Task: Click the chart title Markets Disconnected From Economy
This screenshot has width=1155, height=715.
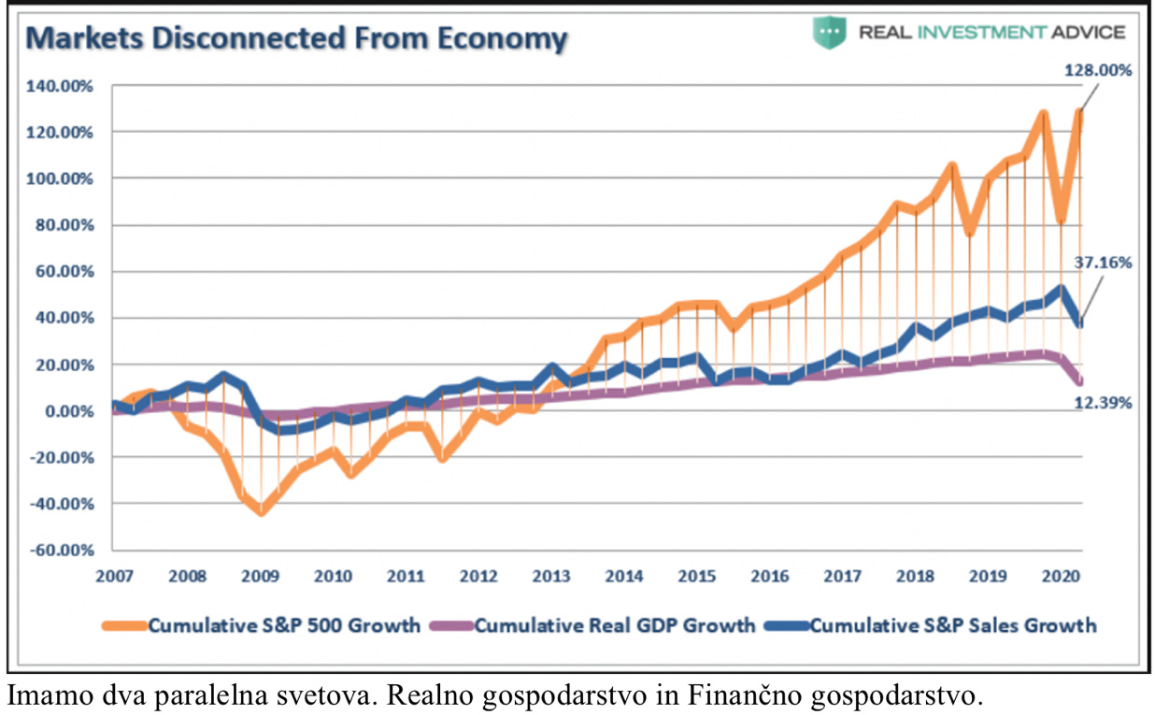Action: (x=296, y=38)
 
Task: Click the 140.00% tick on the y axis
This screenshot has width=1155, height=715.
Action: (x=61, y=86)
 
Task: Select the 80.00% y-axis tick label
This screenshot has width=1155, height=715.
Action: (x=64, y=225)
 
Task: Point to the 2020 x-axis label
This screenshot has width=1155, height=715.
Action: (x=1059, y=576)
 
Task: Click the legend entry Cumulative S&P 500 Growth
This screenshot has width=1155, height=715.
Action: (x=284, y=625)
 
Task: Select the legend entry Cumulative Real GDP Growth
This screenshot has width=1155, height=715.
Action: (x=614, y=625)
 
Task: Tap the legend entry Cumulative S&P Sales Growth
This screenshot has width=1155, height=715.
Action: (x=952, y=625)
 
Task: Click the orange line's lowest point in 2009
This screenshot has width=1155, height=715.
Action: (x=262, y=511)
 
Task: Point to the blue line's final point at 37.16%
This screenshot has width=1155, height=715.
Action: (x=1080, y=323)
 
